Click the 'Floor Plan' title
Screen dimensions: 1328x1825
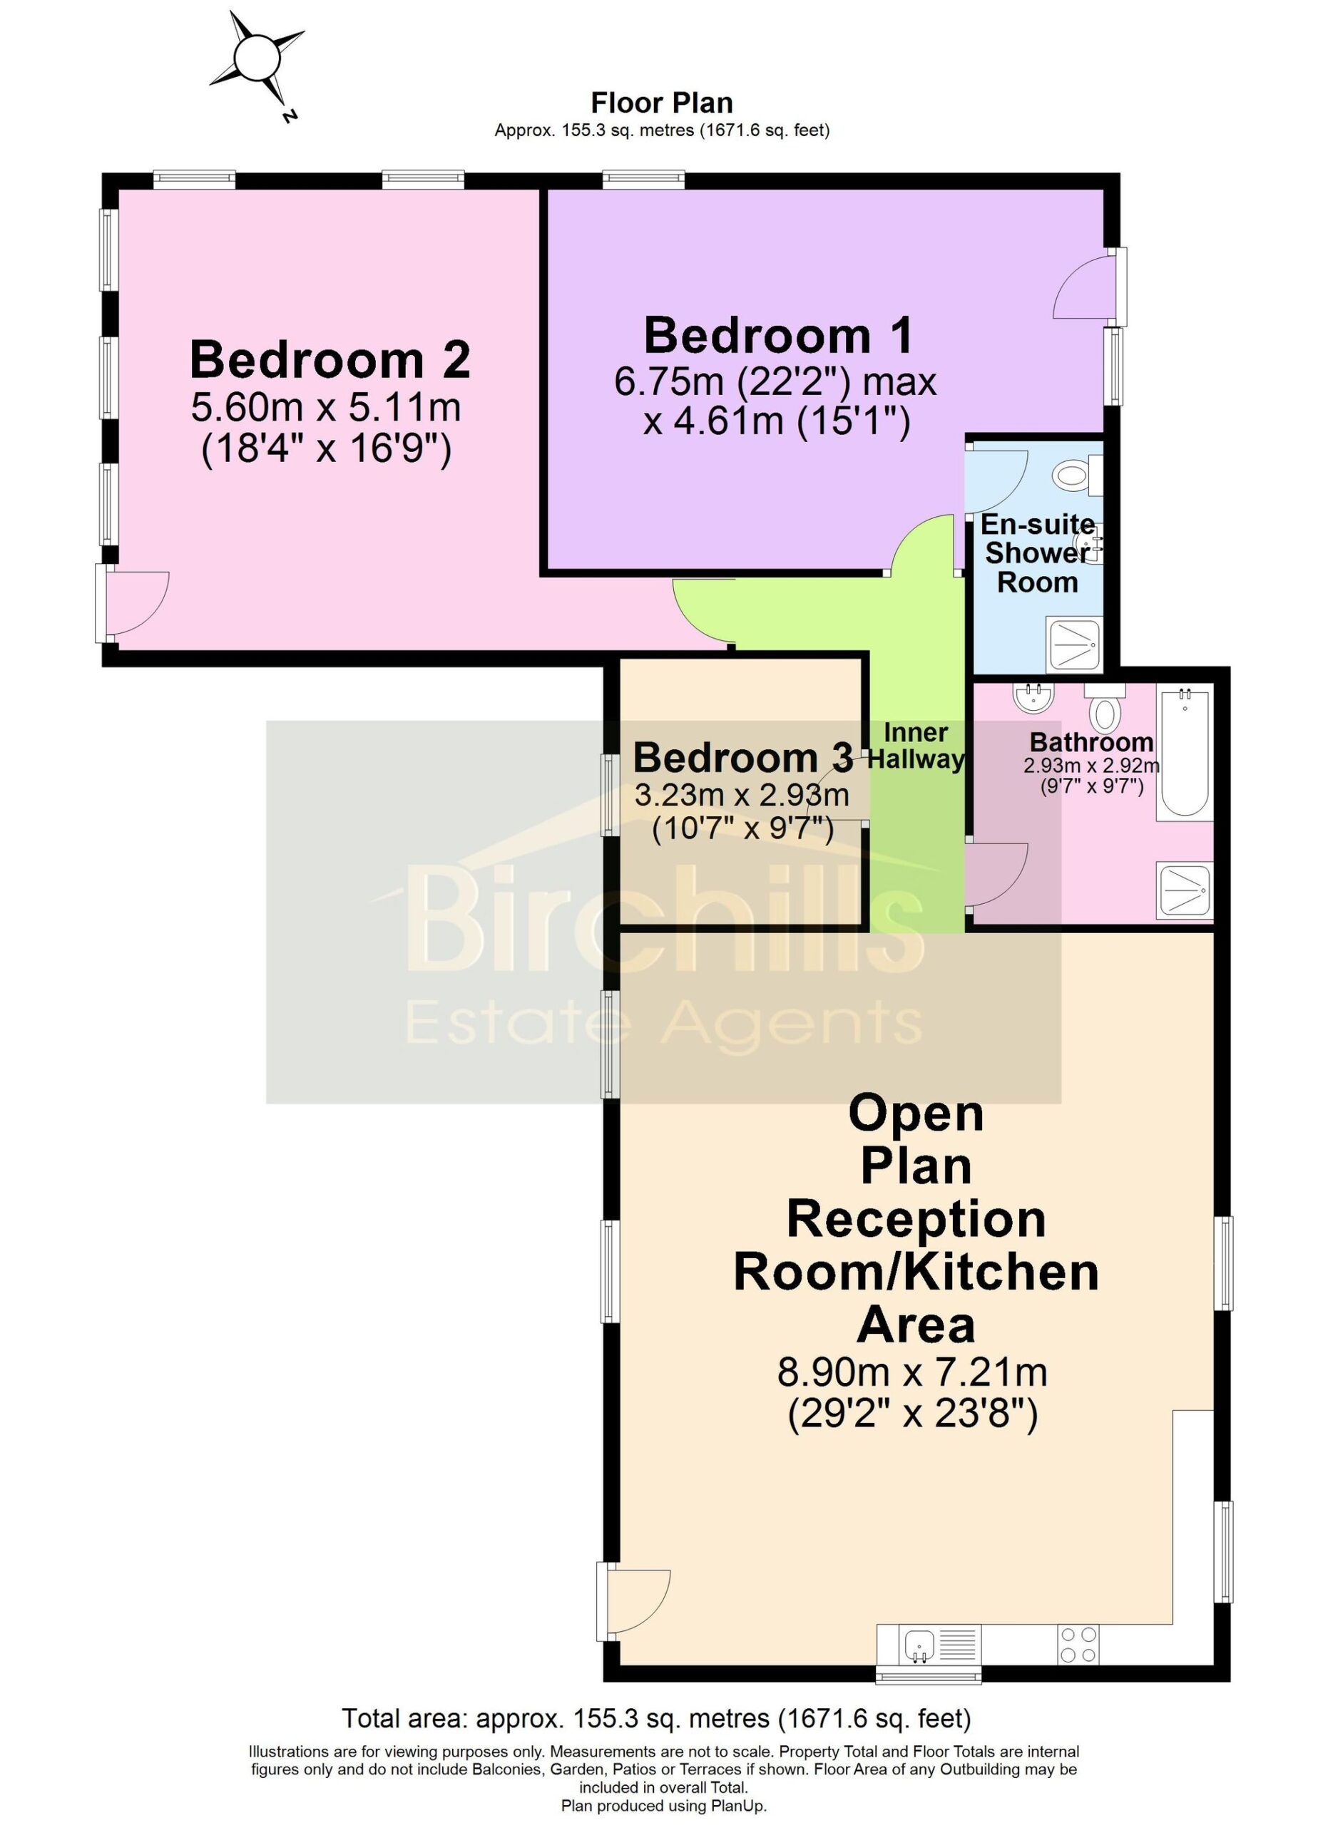point(662,103)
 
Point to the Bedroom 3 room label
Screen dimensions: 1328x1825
point(743,757)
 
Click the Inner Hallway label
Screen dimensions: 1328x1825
point(916,745)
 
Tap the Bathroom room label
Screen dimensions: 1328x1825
point(1091,742)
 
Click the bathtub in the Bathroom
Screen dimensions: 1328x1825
point(1183,752)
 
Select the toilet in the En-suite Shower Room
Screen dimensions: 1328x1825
point(1077,475)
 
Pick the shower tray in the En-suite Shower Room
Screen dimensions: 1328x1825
point(1073,644)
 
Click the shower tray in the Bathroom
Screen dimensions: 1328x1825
point(1184,889)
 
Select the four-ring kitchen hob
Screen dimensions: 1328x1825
point(1077,1645)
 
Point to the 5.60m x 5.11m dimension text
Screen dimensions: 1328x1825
point(326,407)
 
